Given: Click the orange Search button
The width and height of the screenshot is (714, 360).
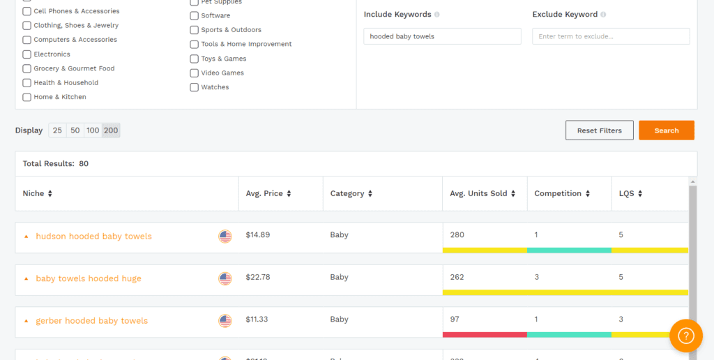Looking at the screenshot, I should pyautogui.click(x=666, y=130).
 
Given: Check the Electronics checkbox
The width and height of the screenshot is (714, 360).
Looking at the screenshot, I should pyautogui.click(x=27, y=54).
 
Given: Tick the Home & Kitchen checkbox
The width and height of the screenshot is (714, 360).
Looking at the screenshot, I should pyautogui.click(x=27, y=97).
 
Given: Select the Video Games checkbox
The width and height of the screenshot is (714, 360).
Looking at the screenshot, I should pyautogui.click(x=195, y=73).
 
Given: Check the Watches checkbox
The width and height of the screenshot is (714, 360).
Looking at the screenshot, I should pyautogui.click(x=195, y=87).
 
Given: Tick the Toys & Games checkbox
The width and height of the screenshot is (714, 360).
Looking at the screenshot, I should pyautogui.click(x=195, y=59).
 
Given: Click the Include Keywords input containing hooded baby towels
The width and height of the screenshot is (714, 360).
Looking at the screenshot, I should pyautogui.click(x=442, y=36).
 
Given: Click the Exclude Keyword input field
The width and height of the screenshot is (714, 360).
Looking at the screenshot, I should pyautogui.click(x=611, y=36).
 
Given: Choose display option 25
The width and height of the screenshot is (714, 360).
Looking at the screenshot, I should pyautogui.click(x=57, y=130).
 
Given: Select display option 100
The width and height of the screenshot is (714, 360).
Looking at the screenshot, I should pyautogui.click(x=93, y=130).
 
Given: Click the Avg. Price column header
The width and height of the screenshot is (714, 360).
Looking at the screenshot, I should pyautogui.click(x=268, y=194).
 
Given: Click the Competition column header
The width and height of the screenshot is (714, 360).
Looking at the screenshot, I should pyautogui.click(x=562, y=194).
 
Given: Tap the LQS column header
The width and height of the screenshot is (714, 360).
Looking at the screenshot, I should pyautogui.click(x=630, y=194).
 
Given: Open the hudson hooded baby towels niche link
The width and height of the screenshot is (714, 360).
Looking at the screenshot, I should pyautogui.click(x=93, y=237).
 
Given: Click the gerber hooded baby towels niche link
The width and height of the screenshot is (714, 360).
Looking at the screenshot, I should pyautogui.click(x=92, y=321).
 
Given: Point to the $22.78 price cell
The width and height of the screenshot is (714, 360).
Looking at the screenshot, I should pyautogui.click(x=258, y=278).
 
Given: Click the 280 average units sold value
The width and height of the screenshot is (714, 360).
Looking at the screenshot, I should pyautogui.click(x=457, y=235).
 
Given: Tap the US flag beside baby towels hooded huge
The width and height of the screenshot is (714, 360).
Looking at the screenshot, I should pyautogui.click(x=225, y=278).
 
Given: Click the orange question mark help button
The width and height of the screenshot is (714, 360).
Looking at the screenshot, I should pyautogui.click(x=686, y=336).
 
